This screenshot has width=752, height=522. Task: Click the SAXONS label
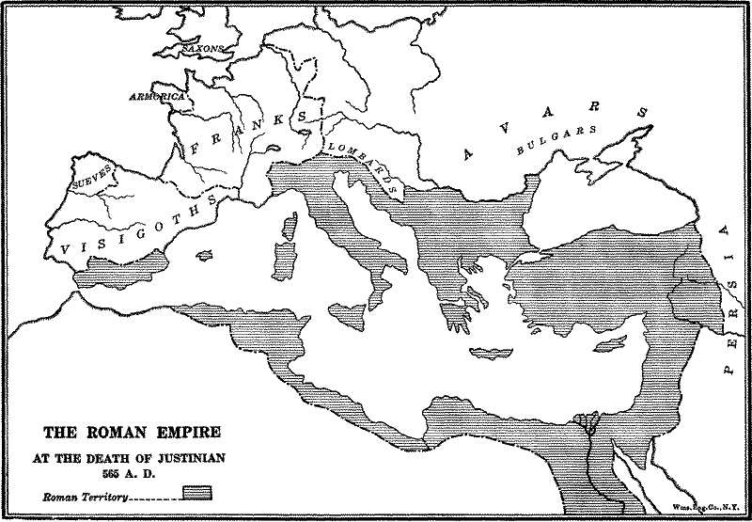click(x=203, y=46)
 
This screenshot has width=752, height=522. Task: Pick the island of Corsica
click(x=290, y=224)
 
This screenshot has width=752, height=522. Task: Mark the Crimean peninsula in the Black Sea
click(x=605, y=171)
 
